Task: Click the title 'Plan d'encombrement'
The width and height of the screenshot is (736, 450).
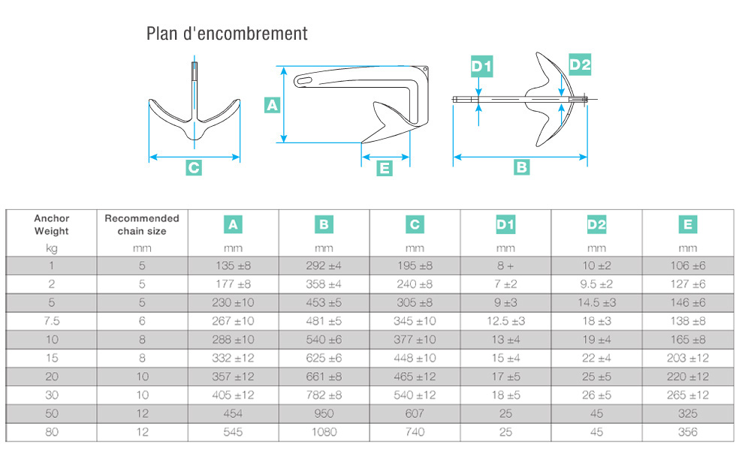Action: click(x=227, y=34)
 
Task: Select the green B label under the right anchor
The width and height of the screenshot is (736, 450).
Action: click(x=521, y=167)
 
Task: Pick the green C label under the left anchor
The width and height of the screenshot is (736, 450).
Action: click(x=194, y=168)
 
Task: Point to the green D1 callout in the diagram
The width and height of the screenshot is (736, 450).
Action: click(x=481, y=66)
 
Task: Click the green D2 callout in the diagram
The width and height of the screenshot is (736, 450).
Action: click(x=579, y=64)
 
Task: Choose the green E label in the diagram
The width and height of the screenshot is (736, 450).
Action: click(x=385, y=169)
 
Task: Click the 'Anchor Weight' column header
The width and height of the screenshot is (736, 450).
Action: click(x=52, y=224)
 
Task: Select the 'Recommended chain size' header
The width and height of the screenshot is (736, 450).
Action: click(x=142, y=224)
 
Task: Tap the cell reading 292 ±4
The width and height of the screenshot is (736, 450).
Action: click(x=324, y=265)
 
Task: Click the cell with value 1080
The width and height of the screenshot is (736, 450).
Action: click(x=324, y=432)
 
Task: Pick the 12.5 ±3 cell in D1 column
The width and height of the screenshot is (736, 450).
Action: click(x=505, y=321)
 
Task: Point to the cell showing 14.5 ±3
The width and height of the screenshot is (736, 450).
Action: click(x=596, y=302)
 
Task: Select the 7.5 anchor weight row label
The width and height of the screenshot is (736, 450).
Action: click(x=52, y=321)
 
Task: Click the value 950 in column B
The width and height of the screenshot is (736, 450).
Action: click(x=324, y=413)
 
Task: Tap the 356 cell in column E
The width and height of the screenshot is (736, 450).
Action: click(x=687, y=432)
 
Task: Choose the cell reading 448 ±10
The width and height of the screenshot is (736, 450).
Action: click(x=415, y=358)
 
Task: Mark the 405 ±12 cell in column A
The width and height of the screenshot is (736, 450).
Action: click(x=233, y=394)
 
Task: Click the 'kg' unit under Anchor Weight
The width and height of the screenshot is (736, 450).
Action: click(x=52, y=247)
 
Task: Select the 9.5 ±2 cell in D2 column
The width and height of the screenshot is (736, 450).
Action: click(x=596, y=284)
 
